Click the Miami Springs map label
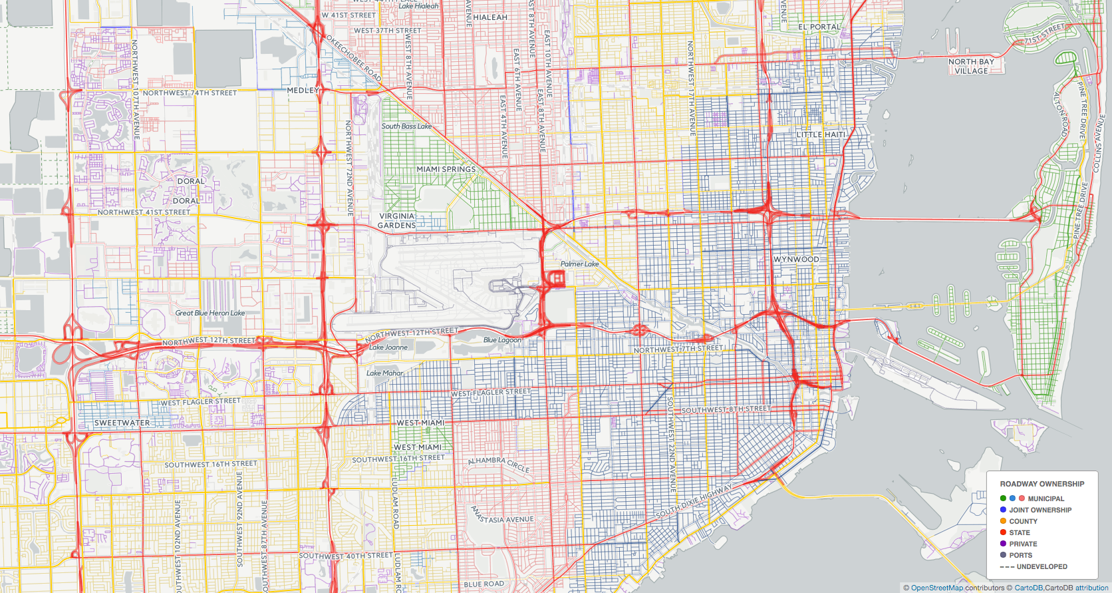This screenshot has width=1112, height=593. tap(446, 169)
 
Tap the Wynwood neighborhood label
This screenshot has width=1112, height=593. tap(796, 259)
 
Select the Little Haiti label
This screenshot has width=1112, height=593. tap(821, 134)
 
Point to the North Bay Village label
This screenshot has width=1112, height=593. tap(971, 66)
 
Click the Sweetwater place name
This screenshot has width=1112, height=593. tap(122, 423)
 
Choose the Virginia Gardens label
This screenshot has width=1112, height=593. tap(397, 220)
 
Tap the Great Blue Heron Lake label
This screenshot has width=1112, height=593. tap(209, 313)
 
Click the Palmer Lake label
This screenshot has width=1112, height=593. tap(579, 264)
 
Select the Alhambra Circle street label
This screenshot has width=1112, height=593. tap(499, 464)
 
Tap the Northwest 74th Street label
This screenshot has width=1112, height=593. tap(190, 93)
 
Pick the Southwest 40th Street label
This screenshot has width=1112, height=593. tap(346, 555)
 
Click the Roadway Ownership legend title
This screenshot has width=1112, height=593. tap(1042, 484)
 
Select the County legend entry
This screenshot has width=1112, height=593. tap(1023, 521)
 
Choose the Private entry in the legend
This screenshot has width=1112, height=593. tap(1023, 544)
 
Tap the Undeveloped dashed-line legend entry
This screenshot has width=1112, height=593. tap(1042, 566)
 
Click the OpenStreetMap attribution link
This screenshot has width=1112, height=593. tap(936, 588)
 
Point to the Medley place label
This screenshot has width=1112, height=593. tap(303, 90)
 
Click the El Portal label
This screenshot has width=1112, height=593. tap(819, 27)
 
